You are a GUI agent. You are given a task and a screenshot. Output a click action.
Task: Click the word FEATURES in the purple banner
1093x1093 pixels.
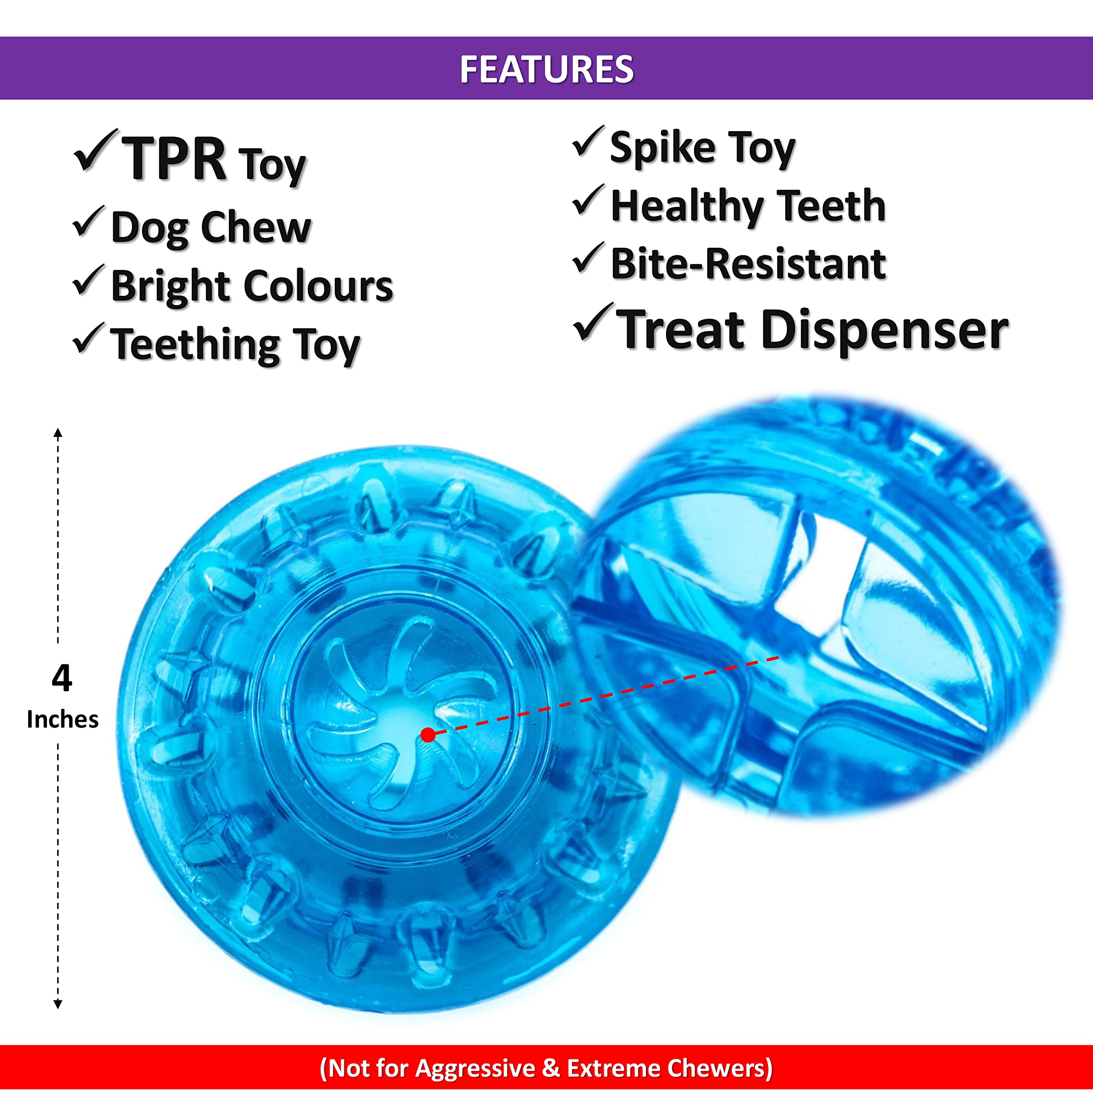546,69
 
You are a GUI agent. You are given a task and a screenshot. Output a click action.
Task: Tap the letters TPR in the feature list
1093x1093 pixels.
174,160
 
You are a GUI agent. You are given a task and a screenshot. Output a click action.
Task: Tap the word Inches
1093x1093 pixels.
62,719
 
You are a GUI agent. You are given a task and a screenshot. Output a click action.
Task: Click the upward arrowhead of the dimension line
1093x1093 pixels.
58,433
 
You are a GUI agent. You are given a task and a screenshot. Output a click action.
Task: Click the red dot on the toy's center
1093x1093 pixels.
428,735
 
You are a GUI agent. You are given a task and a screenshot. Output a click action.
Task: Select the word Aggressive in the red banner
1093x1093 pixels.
475,1069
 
